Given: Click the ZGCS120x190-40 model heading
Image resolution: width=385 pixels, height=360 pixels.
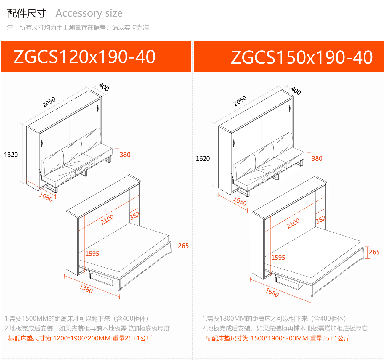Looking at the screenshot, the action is (84, 57).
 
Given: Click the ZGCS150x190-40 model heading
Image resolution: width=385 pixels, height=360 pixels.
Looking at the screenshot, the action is (302, 57).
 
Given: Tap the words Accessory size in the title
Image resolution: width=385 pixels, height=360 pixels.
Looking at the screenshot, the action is (89, 13).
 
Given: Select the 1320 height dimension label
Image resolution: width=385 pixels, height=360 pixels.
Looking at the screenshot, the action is (11, 155).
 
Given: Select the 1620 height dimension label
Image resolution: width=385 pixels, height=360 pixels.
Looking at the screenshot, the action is (203, 159).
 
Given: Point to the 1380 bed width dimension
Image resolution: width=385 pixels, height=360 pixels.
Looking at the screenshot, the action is (86, 289).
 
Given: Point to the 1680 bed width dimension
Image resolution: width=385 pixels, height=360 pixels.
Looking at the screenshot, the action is (272, 292).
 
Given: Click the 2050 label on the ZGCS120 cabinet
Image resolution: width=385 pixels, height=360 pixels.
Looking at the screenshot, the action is (49, 102).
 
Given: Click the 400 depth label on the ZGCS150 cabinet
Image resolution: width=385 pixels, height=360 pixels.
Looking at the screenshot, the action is (296, 91).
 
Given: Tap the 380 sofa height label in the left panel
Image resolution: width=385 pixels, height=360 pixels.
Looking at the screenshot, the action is (125, 155).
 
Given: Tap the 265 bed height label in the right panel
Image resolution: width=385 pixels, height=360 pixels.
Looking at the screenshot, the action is (374, 252).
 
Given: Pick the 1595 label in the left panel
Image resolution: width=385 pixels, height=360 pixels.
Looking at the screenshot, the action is (92, 254).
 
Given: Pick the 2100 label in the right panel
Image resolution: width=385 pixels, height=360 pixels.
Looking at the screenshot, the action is (293, 223).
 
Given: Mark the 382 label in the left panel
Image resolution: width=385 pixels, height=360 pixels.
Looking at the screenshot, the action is (135, 216).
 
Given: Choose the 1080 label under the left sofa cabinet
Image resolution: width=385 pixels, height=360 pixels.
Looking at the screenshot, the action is (46, 197).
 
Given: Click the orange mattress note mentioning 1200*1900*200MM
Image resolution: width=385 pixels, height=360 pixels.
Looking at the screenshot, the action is (80, 338).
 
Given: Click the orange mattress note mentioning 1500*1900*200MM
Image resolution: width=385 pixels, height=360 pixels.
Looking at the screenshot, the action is (277, 338).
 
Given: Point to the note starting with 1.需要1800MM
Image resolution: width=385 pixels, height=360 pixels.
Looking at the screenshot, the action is (274, 319).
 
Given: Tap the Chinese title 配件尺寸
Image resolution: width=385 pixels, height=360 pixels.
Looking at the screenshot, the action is (27, 13).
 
